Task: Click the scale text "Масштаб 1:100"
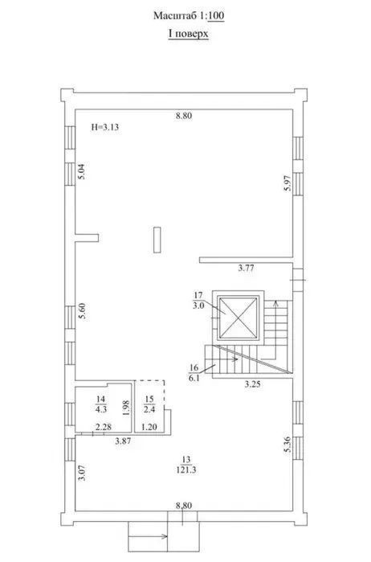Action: [189, 16]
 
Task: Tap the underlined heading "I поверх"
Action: [189, 34]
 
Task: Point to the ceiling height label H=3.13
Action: [104, 127]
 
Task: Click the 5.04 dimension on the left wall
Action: [82, 171]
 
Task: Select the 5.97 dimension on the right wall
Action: [288, 183]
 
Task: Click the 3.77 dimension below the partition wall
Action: [246, 268]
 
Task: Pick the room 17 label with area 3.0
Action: [198, 301]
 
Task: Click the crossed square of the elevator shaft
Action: [238, 318]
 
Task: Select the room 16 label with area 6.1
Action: [194, 373]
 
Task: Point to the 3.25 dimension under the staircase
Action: [252, 384]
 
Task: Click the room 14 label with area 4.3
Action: [101, 404]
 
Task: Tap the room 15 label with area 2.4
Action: [149, 404]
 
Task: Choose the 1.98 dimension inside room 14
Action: [125, 408]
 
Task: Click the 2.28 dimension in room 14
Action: [104, 427]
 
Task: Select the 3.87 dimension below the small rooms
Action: [123, 441]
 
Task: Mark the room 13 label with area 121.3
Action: [186, 465]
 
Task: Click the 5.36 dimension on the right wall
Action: [288, 445]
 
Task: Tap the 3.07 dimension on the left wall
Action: [82, 473]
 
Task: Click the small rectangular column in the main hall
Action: [157, 240]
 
